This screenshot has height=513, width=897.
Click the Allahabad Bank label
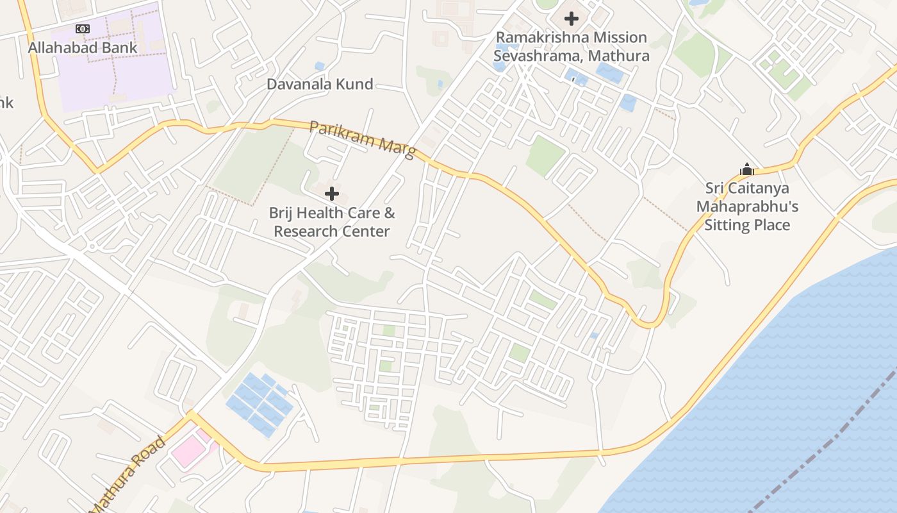pyautogui.click(x=83, y=47)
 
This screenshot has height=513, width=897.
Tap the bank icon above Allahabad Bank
pyautogui.click(x=83, y=29)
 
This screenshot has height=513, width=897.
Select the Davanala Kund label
pyautogui.click(x=320, y=84)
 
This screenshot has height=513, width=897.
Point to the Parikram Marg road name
pyautogui.click(x=362, y=137)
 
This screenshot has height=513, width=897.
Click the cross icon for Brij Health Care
pyautogui.click(x=332, y=193)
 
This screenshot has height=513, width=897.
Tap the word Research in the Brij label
pyautogui.click(x=304, y=231)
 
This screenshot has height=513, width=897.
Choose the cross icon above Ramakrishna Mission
pyautogui.click(x=571, y=19)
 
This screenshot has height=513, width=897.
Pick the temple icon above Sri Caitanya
pyautogui.click(x=746, y=170)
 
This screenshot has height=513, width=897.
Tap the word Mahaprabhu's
pyautogui.click(x=747, y=206)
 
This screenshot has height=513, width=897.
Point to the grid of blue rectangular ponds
pyautogui.click(x=259, y=404)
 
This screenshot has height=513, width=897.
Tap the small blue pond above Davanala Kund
pyautogui.click(x=319, y=66)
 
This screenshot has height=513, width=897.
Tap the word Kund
pyautogui.click(x=356, y=84)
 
